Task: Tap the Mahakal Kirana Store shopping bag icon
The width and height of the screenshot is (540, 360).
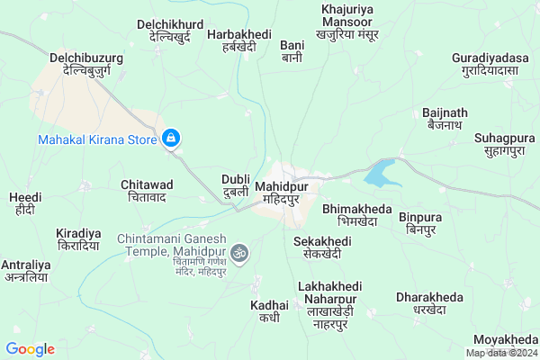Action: point(170,139)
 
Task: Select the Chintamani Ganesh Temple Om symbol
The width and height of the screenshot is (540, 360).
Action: point(239,254)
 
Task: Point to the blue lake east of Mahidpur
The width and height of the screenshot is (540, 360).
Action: point(383,172)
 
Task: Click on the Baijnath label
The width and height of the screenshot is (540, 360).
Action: point(445,119)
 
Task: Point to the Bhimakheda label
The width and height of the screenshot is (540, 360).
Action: point(357,215)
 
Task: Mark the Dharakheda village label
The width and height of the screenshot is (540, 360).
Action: point(430,303)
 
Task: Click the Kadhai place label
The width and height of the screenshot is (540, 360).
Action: point(269,311)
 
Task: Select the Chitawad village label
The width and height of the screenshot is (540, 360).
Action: point(147,190)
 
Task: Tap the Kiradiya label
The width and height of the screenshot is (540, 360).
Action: point(76,238)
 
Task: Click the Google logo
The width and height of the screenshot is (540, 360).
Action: point(30,349)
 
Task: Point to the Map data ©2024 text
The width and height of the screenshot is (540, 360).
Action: point(501,353)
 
